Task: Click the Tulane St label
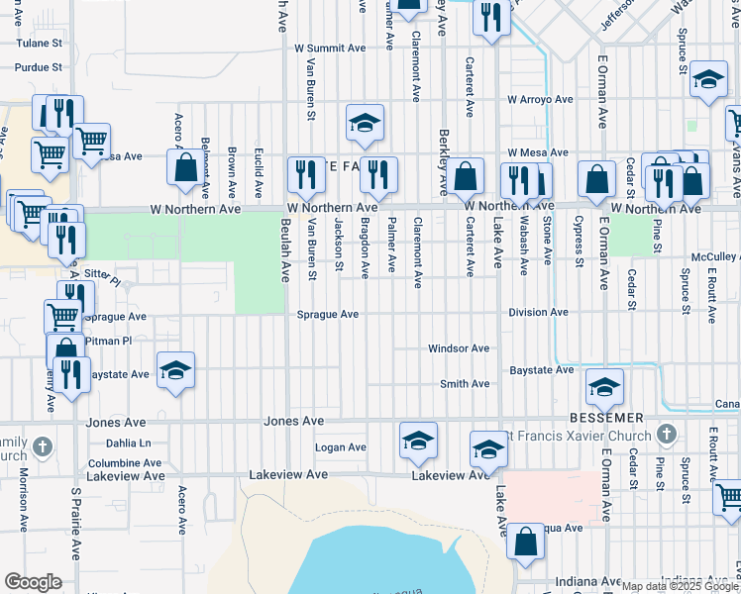click(39, 44)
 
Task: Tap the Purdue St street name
click(39, 67)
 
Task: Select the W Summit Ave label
click(331, 48)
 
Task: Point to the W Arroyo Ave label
click(541, 100)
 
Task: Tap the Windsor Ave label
click(459, 348)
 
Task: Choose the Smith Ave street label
click(466, 384)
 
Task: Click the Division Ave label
click(538, 312)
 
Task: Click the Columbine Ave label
click(125, 462)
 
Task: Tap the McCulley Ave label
click(715, 256)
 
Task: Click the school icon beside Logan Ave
click(418, 441)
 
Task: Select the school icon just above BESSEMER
click(604, 388)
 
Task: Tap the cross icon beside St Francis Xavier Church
click(667, 436)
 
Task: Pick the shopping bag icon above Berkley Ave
click(465, 177)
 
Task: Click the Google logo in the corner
click(33, 582)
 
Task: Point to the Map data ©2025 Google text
click(680, 586)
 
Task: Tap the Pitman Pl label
click(109, 341)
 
